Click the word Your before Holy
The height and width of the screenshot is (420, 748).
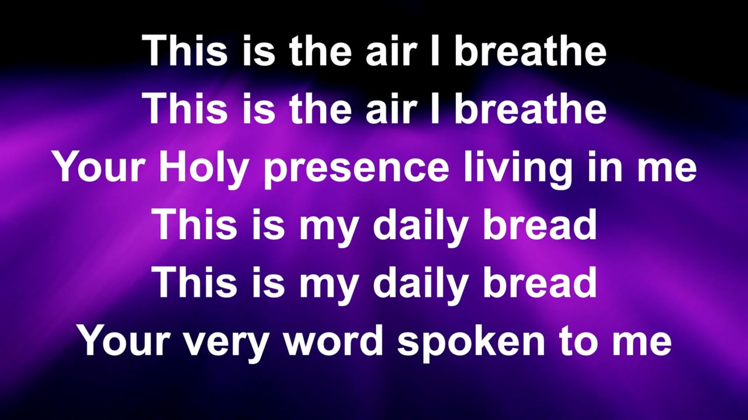coord(100,167)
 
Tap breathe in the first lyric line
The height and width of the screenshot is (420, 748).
coord(530,50)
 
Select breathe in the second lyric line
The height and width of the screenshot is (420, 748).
coord(530,108)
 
